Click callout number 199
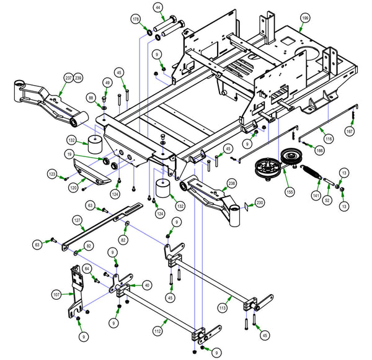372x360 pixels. (x=305, y=19)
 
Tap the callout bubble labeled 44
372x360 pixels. (x=158, y=7)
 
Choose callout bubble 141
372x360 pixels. (x=316, y=195)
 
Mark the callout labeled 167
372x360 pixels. (x=350, y=132)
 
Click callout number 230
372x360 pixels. (x=260, y=202)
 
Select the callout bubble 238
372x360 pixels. (x=231, y=183)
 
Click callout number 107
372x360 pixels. (x=56, y=294)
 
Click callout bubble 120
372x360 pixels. (x=73, y=187)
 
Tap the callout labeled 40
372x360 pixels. (x=147, y=285)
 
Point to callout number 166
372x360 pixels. (x=320, y=150)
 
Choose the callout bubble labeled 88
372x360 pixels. (x=91, y=98)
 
